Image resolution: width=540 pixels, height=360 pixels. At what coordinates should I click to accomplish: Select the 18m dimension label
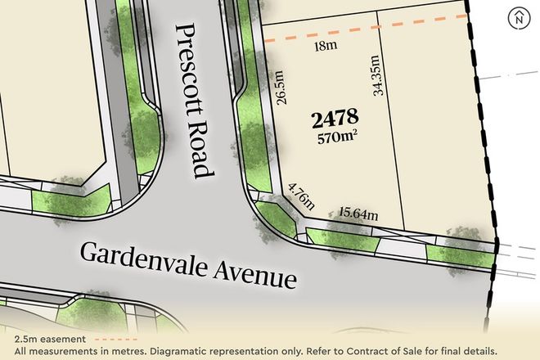(326, 48)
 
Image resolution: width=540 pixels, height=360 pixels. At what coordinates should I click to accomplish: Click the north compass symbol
(518, 17)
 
